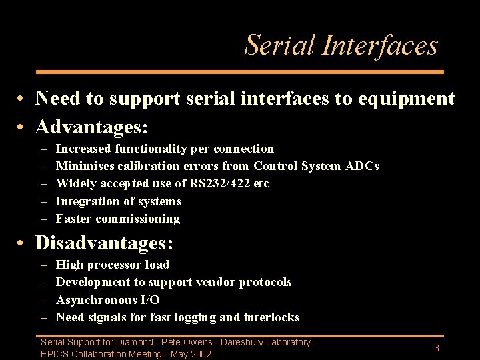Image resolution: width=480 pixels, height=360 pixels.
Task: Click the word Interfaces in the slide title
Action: click(379, 45)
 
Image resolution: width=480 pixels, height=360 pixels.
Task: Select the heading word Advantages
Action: click(91, 126)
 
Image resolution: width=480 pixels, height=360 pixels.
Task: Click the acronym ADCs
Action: click(362, 166)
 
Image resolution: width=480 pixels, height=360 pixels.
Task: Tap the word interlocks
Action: click(271, 317)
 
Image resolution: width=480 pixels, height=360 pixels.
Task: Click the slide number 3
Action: click(436, 349)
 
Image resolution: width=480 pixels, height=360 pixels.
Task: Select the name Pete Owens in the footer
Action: click(197, 343)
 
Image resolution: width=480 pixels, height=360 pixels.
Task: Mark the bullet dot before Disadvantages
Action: click(22, 244)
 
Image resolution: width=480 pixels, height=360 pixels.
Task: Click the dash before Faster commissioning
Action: click(44, 219)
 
